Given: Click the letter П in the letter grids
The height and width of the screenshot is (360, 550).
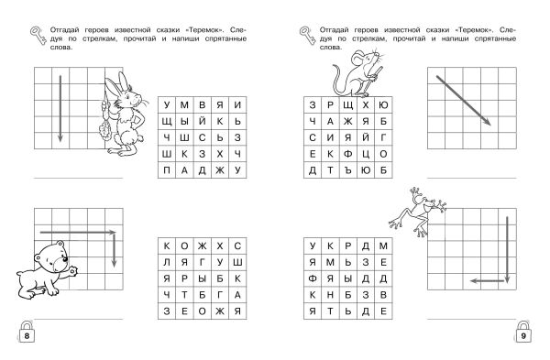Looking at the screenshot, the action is pyautogui.click(x=167, y=170).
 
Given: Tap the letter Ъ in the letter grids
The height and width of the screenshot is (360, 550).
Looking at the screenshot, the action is pyautogui.click(x=348, y=170).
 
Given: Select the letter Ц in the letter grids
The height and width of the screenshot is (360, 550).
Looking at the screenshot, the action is pyautogui.click(x=366, y=155).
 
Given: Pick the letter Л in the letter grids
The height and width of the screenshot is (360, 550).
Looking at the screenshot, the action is pyautogui.click(x=167, y=263).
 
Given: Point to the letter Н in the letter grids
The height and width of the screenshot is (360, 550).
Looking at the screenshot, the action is pyautogui.click(x=330, y=295).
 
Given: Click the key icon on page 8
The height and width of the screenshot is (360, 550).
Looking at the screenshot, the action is pyautogui.click(x=38, y=36).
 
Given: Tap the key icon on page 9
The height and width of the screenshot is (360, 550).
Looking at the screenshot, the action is pyautogui.click(x=308, y=36).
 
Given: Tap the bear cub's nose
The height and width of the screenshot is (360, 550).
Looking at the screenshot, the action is pyautogui.click(x=65, y=259).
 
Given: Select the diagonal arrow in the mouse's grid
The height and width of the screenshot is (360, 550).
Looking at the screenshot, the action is pyautogui.click(x=463, y=100).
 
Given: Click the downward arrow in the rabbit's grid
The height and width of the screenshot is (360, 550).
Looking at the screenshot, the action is pyautogui.click(x=60, y=109).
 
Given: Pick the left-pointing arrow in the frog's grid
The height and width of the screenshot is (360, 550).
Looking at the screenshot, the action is pyautogui.click(x=488, y=281).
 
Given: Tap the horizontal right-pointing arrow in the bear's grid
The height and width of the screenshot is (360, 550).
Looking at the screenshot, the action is pyautogui.click(x=78, y=232).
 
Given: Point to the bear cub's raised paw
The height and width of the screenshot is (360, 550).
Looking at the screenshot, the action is pyautogui.click(x=72, y=271).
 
